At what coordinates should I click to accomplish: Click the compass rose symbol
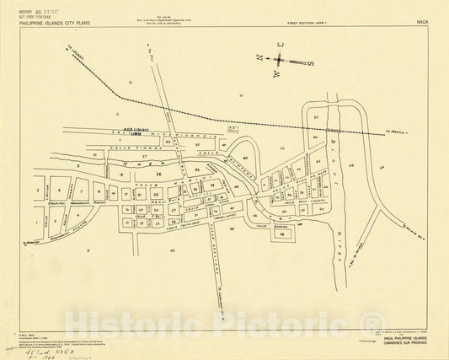(281, 61)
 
